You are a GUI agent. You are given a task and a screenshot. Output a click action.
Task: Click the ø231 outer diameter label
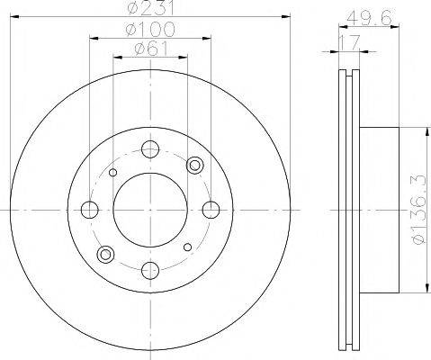pos(150,8)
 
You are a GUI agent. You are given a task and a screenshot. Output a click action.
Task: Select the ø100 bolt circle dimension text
pos(150,29)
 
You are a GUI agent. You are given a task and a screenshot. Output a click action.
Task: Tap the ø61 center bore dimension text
pos(151,48)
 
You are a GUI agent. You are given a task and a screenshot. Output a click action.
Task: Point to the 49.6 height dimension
pos(369,18)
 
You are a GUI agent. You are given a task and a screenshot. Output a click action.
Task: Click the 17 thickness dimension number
pos(349,42)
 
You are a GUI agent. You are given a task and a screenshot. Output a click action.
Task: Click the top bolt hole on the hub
pos(150,149)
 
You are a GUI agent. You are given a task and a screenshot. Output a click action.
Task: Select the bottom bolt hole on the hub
pos(150,270)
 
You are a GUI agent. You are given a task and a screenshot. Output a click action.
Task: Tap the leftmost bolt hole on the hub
pos(90,210)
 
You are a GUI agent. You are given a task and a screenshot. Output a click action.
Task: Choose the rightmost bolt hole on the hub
pos(211,210)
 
